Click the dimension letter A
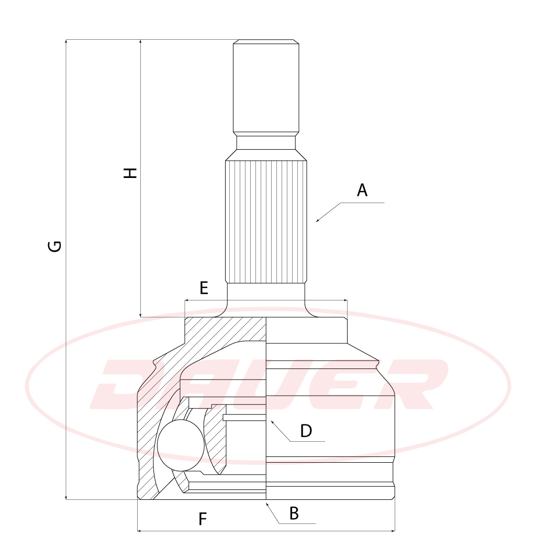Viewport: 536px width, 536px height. [362, 190]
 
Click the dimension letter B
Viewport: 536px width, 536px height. [294, 513]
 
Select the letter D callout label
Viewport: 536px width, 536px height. [306, 431]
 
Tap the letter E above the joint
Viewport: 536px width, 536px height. [204, 288]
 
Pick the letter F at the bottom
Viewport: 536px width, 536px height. [203, 519]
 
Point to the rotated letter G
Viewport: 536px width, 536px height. [54, 246]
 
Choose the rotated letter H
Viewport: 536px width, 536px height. [130, 173]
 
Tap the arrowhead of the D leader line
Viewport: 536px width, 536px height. [273, 423]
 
